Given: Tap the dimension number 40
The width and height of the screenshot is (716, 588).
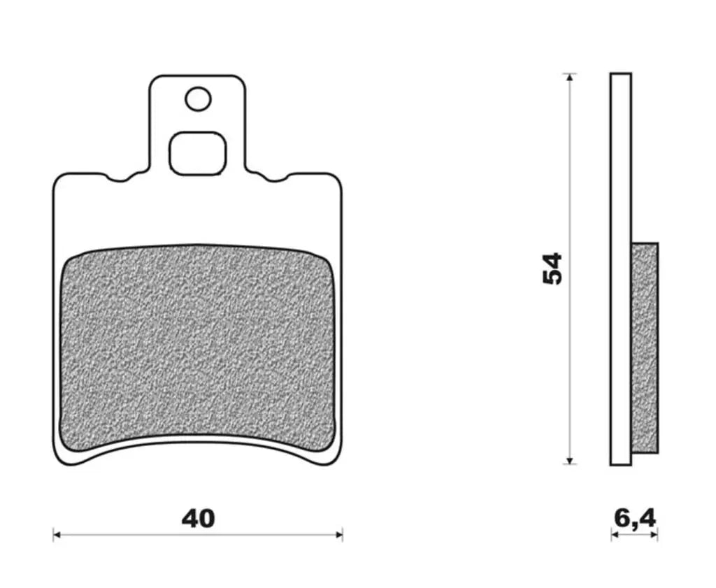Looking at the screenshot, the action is tap(198, 519).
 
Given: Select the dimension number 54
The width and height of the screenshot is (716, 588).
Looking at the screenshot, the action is tap(552, 268).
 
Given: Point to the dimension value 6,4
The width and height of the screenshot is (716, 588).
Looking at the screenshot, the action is tap(635, 519).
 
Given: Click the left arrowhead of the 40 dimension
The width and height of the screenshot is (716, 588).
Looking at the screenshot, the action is tap(56, 534).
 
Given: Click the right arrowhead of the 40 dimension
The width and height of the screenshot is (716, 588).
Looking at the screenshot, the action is tap(339, 534).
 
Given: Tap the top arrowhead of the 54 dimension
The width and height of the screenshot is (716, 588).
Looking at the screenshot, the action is tap(569, 77).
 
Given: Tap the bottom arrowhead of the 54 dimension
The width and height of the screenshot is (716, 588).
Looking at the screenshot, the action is tap(569, 460).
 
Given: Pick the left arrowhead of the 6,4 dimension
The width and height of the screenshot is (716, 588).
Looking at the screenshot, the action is tap(614, 534).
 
